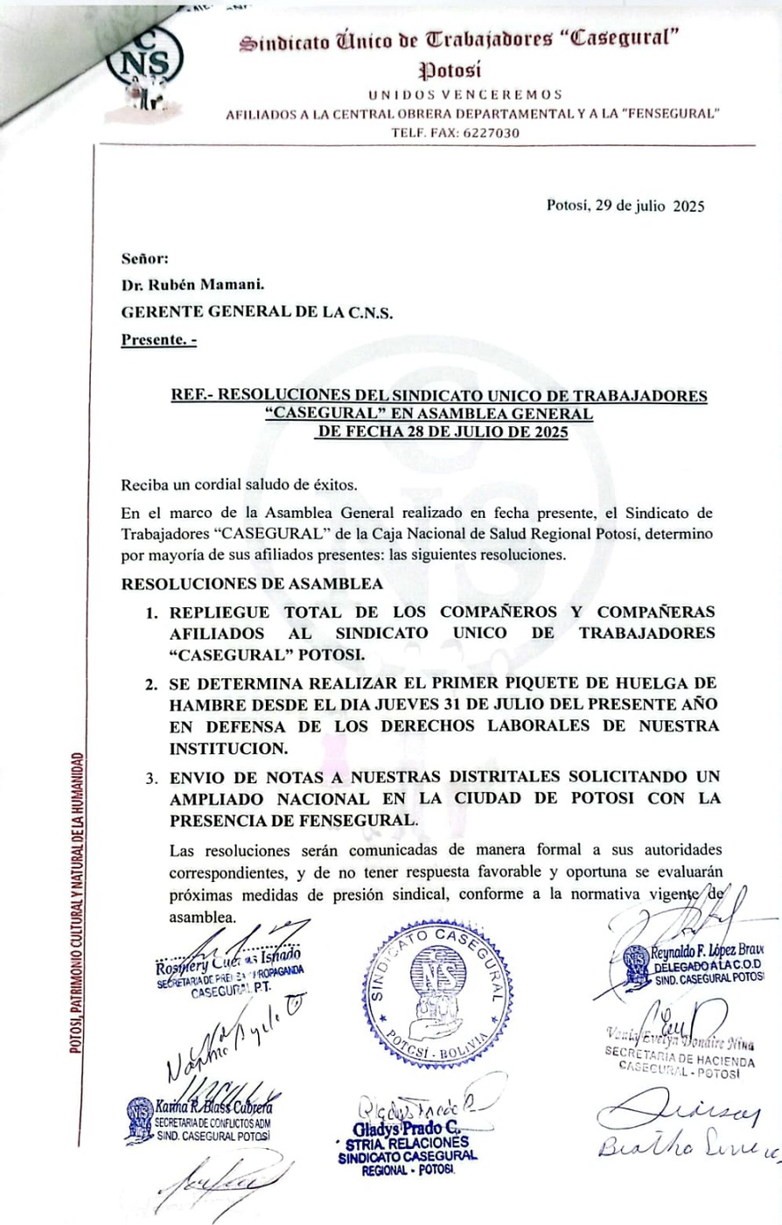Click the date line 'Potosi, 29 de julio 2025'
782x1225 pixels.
tap(625, 206)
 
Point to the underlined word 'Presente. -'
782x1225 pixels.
tap(158, 340)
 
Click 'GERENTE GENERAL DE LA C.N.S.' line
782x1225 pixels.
tap(257, 312)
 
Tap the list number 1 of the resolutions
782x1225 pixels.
tap(151, 612)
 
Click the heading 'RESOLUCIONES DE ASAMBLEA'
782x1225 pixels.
tap(252, 584)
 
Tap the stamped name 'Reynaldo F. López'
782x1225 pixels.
tap(699, 951)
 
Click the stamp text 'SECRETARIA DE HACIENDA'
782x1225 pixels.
tap(680, 1056)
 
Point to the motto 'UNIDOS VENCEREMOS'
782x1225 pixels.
tap(464, 94)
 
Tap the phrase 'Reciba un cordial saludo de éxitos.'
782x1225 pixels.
tap(240, 485)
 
